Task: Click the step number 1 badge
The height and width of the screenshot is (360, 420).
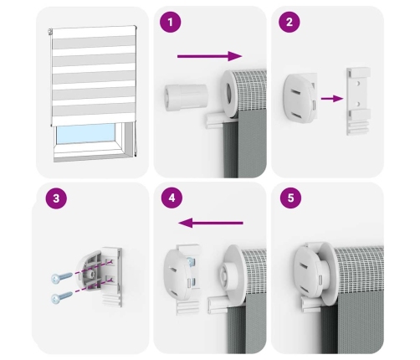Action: (170, 22)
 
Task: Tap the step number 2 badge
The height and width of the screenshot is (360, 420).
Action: (289, 22)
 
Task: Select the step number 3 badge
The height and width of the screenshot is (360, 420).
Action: (56, 198)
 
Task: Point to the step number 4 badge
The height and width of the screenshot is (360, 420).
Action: (172, 198)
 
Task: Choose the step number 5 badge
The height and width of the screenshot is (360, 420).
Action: (290, 198)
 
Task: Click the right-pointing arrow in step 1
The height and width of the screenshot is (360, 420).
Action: (210, 56)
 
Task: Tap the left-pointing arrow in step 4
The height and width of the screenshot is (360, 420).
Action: (211, 223)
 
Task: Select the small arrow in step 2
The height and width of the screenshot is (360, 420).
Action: (332, 99)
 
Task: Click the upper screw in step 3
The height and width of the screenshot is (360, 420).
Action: (62, 277)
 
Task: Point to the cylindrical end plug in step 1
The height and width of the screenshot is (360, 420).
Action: (186, 97)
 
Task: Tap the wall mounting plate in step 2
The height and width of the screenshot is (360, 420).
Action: (358, 101)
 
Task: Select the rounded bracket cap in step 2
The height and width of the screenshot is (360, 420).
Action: (300, 97)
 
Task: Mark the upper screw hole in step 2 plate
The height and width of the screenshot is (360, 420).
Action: (358, 84)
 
